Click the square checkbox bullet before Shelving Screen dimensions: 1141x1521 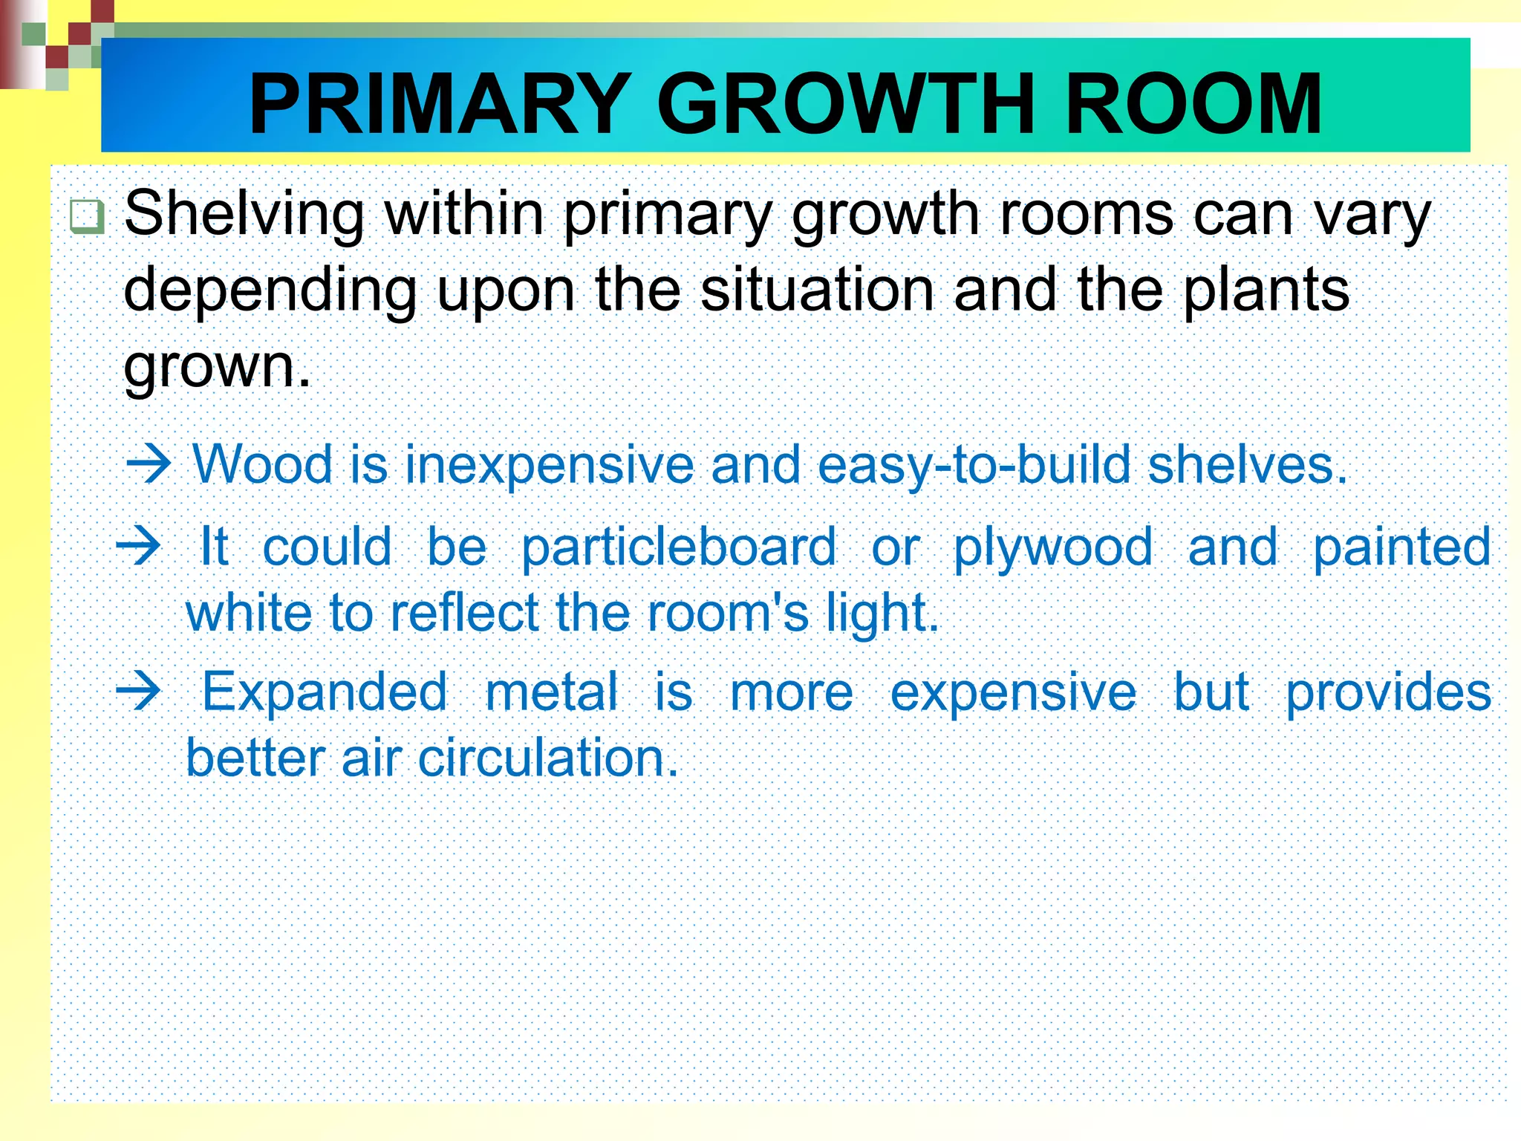tap(87, 216)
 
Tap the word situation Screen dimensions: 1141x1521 tap(816, 290)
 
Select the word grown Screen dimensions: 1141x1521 tap(215, 366)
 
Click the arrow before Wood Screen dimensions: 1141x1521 tap(149, 466)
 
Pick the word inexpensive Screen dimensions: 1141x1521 tap(550, 466)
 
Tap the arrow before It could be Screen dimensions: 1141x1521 tap(139, 547)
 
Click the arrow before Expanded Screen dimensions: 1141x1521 tap(139, 692)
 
